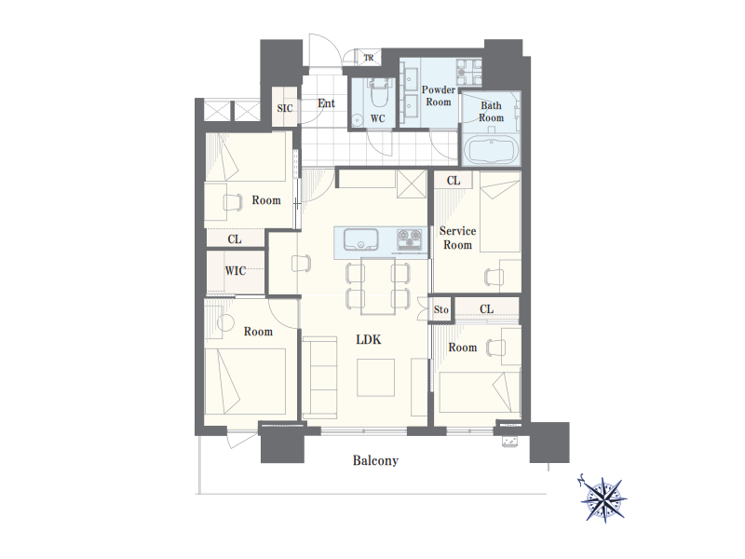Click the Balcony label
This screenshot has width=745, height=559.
click(x=375, y=460)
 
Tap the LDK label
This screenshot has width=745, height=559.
click(x=369, y=339)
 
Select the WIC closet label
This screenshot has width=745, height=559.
click(x=236, y=271)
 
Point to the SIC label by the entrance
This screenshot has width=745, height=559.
click(x=285, y=108)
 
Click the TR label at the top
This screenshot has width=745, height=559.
click(x=369, y=58)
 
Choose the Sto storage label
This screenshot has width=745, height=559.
click(x=440, y=310)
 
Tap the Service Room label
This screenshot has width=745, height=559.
click(x=457, y=238)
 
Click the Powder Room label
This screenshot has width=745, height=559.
click(x=438, y=96)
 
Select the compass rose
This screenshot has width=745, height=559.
click(x=603, y=498)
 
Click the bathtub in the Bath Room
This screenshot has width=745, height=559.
click(x=492, y=150)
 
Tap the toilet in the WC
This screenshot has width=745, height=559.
click(x=379, y=93)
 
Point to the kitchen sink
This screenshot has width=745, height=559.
click(x=360, y=239)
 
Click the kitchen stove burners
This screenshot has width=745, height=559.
click(x=409, y=238)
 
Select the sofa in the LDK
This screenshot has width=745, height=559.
click(x=319, y=376)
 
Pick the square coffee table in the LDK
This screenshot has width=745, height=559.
click(x=376, y=377)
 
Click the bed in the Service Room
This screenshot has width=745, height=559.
click(x=500, y=212)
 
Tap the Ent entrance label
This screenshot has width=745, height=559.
click(x=326, y=103)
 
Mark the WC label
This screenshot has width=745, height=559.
click(x=378, y=118)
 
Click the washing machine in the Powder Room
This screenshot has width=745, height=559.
click(x=469, y=73)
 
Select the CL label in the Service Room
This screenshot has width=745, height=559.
click(x=454, y=181)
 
